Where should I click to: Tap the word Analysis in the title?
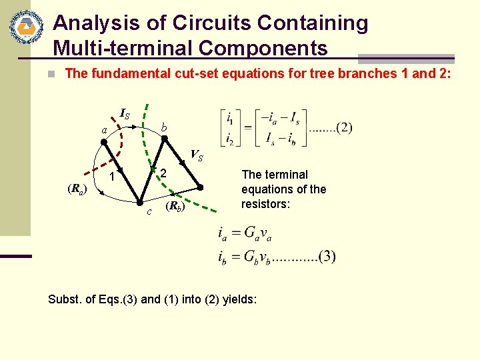(x=95, y=23)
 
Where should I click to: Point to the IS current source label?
(x=125, y=113)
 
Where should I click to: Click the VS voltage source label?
(x=197, y=156)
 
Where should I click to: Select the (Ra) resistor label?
(x=77, y=190)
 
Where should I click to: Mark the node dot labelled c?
(x=141, y=201)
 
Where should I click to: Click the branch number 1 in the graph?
(x=113, y=178)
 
